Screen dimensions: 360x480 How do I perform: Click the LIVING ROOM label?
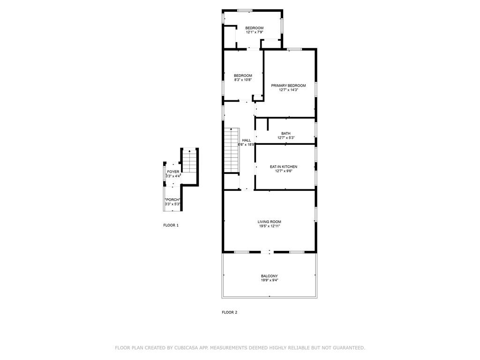[269, 222]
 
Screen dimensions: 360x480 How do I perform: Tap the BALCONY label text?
[269, 276]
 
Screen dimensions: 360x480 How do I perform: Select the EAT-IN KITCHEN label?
[283, 166]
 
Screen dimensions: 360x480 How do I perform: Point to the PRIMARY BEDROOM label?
[288, 85]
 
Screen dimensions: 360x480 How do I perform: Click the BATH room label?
[285, 134]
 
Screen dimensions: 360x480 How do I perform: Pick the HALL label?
[246, 140]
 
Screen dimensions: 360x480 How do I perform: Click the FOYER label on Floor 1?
[173, 172]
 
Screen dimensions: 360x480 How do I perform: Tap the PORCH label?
[172, 200]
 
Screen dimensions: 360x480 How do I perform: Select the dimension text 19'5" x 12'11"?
[269, 226]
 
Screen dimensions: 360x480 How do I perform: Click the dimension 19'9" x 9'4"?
[269, 281]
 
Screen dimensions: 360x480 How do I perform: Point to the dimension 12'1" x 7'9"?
[255, 32]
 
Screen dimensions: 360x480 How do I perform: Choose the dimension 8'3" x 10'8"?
[243, 80]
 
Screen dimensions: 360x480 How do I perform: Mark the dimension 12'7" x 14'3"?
[288, 90]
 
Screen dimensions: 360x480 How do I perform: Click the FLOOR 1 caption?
[171, 225]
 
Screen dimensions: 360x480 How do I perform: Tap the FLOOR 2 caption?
[229, 312]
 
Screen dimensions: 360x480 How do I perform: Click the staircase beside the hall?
[232, 150]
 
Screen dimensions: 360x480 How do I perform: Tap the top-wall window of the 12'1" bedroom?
[244, 10]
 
